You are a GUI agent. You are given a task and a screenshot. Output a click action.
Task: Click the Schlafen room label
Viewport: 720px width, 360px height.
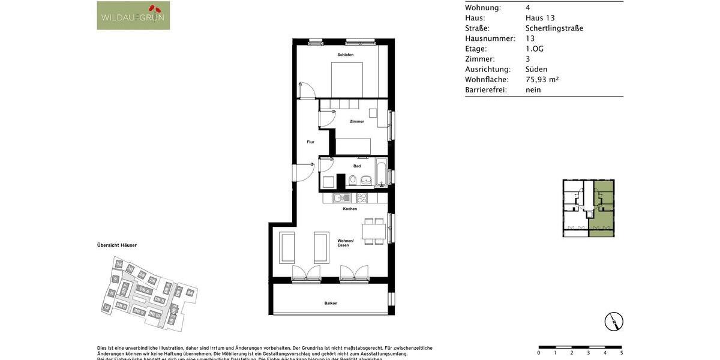[x=345, y=55]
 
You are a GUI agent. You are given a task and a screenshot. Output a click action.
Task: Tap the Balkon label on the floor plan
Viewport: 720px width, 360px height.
[x=331, y=303]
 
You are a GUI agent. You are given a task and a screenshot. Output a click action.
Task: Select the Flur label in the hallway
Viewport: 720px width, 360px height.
[x=310, y=142]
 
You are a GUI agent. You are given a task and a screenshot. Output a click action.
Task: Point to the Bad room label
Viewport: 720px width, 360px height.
[x=357, y=166]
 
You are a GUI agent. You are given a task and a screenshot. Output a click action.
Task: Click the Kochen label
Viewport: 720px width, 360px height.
[x=350, y=209]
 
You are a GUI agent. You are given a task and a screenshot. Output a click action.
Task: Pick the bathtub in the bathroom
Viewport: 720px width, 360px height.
[x=381, y=173]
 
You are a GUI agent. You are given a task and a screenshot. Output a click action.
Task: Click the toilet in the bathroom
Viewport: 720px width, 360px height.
[x=353, y=180]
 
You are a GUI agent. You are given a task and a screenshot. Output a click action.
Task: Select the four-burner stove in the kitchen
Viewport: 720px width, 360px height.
[x=362, y=197]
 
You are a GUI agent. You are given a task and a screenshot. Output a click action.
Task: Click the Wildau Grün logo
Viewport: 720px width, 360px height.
[x=133, y=16]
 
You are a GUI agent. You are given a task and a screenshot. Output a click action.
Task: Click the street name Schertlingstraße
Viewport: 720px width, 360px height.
[x=554, y=28]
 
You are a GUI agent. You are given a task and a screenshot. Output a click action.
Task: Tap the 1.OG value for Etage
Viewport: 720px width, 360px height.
[x=534, y=49]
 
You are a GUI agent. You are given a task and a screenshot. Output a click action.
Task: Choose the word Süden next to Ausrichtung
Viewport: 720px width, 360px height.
[x=536, y=70]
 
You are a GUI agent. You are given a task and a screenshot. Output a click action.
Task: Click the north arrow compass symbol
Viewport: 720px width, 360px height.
[x=614, y=322]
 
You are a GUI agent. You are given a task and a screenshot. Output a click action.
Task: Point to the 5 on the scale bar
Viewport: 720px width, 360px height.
[x=621, y=353]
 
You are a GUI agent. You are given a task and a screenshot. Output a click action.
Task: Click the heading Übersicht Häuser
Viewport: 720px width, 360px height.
[x=117, y=245]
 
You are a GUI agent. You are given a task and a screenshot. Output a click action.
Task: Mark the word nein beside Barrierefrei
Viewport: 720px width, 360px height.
[x=533, y=90]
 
